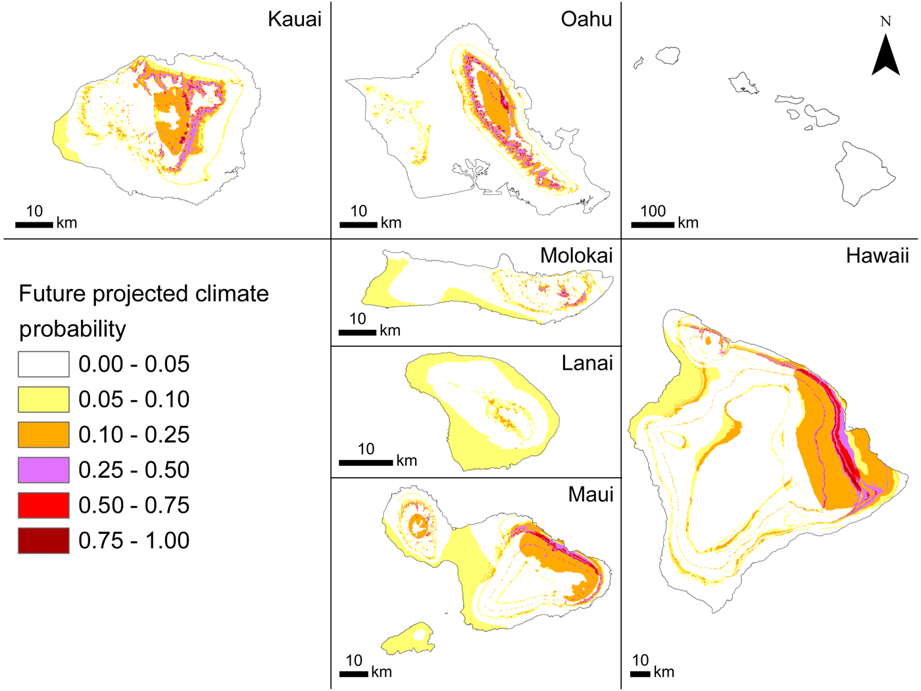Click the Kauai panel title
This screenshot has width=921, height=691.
pyautogui.click(x=294, y=19)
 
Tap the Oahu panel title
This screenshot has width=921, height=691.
pyautogui.click(x=586, y=19)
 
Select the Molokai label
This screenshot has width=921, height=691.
pyautogui.click(x=576, y=255)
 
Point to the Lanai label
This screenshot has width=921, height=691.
pyautogui.click(x=587, y=363)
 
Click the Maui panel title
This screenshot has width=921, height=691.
pyautogui.click(x=590, y=494)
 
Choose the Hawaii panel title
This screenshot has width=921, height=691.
pyautogui.click(x=877, y=255)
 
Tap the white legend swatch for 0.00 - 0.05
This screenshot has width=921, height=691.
pyautogui.click(x=43, y=364)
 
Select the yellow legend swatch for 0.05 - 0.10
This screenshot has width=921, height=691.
pyautogui.click(x=43, y=399)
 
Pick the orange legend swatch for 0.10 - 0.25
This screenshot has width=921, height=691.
pyautogui.click(x=43, y=434)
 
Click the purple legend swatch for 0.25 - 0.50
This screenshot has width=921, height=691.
pyautogui.click(x=43, y=470)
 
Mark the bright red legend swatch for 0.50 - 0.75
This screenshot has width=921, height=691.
pyautogui.click(x=43, y=505)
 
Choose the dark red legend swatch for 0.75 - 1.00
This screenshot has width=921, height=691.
pyautogui.click(x=43, y=540)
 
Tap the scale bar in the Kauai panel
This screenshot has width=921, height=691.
pyautogui.click(x=34, y=225)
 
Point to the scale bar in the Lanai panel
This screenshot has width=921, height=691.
pyautogui.click(x=366, y=463)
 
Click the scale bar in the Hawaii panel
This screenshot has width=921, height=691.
pyautogui.click(x=640, y=673)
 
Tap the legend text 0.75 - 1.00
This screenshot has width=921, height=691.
pyautogui.click(x=134, y=540)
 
